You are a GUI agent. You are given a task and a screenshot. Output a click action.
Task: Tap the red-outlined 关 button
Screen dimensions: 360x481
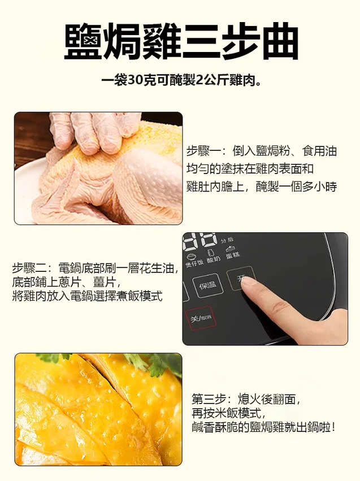coord(201,318)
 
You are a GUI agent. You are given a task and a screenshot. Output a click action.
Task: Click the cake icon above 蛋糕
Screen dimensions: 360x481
coord(230,248)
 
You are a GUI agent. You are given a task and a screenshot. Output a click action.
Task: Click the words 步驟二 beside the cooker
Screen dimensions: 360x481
coord(30,268)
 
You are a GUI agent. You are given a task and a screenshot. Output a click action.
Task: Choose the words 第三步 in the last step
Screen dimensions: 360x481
coord(209,399)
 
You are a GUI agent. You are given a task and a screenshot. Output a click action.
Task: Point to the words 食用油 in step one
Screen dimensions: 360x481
coord(319,151)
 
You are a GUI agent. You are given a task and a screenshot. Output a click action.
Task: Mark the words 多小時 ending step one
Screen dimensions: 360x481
coord(319,186)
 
